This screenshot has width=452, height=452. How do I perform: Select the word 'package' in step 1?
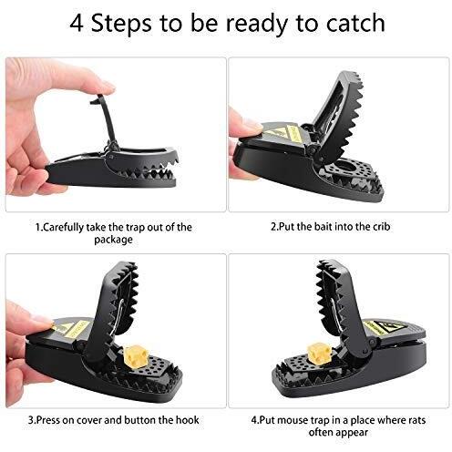pyautogui.click(x=112, y=240)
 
